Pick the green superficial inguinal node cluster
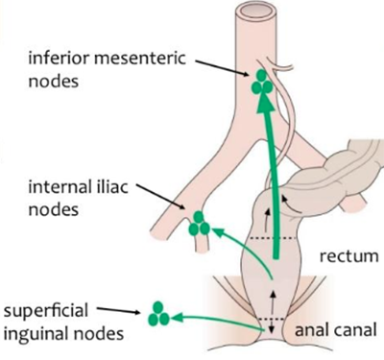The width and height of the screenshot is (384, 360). click(x=158, y=313)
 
